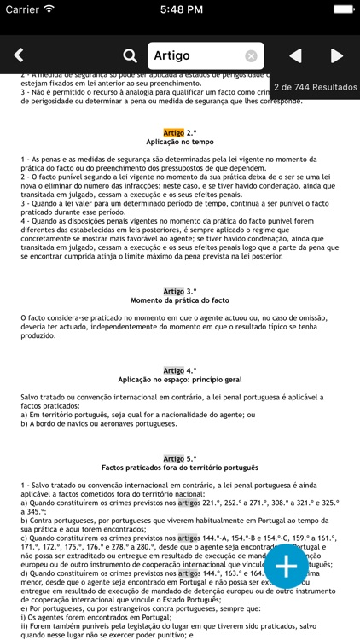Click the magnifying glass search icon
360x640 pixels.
130,56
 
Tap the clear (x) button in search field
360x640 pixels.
252,56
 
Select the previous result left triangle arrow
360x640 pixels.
295,56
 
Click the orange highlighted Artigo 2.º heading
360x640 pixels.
179,133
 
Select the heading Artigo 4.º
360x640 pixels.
179,370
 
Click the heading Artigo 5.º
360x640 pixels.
179,458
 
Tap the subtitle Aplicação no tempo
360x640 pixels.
179,143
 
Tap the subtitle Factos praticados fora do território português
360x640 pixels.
179,468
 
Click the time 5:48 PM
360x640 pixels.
179,9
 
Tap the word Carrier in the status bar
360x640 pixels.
22,9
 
